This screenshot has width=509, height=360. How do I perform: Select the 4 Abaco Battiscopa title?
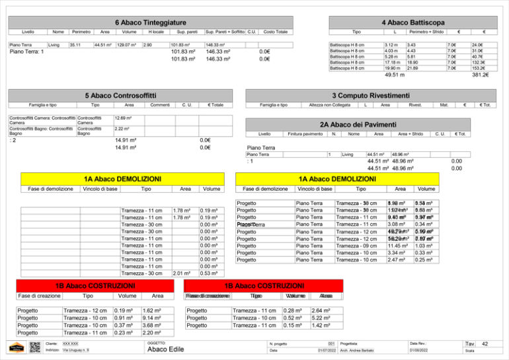point(403,22)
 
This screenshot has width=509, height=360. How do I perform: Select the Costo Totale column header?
point(275,32)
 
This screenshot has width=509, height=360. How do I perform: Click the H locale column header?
point(156,32)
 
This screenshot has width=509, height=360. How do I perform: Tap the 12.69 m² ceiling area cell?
point(123,118)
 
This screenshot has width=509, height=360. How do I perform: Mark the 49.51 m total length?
point(394,75)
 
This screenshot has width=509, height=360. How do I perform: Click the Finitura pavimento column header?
point(305,133)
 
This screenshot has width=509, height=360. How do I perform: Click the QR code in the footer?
point(35,347)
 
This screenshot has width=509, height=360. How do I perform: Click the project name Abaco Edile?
point(165,349)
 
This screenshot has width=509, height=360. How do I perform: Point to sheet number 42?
point(485,344)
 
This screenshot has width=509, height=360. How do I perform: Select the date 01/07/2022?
point(327,350)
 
